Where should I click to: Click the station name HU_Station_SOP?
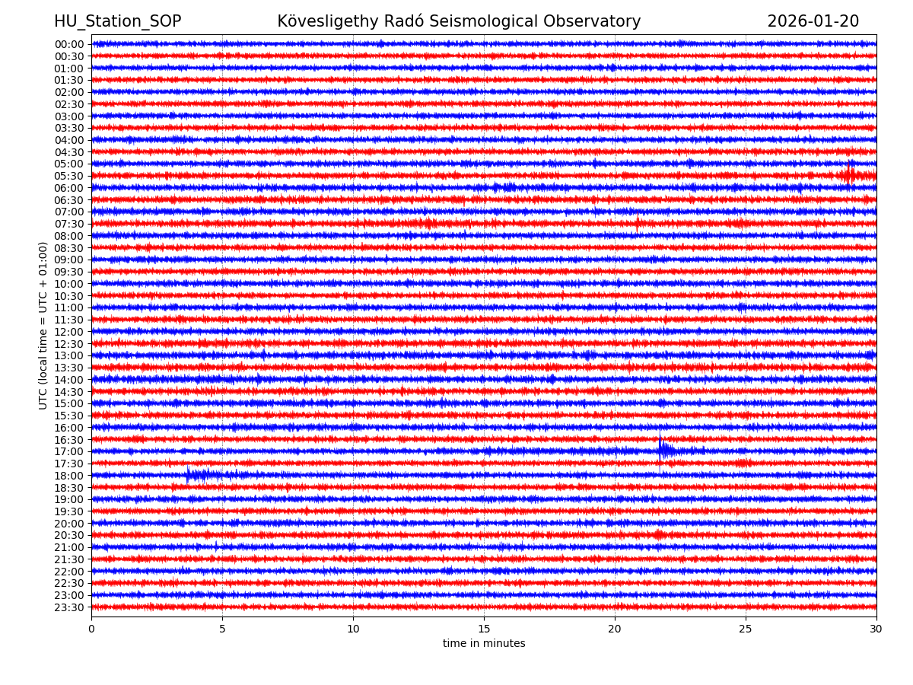(x=117, y=22)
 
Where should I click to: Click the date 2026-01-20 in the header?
(x=813, y=22)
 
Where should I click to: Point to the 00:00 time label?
(x=69, y=44)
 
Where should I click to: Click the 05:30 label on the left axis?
(x=69, y=176)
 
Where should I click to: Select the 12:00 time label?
(x=69, y=332)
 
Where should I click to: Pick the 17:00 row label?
(x=69, y=451)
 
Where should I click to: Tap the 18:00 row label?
(x=69, y=476)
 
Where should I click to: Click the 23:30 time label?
(x=69, y=607)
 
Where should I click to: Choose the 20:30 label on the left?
(x=69, y=535)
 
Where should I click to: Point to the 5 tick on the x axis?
(x=222, y=629)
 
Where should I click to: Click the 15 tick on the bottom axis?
(x=484, y=629)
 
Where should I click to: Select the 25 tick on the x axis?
(x=746, y=629)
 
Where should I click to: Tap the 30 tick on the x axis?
(x=876, y=629)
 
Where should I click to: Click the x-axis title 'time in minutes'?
(x=484, y=644)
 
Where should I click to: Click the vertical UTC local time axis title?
(x=43, y=325)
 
